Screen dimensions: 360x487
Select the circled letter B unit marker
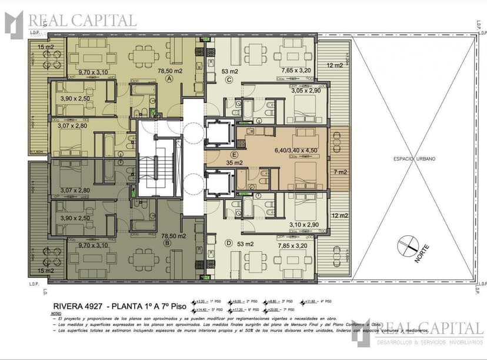169,242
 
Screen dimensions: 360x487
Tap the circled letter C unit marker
229,80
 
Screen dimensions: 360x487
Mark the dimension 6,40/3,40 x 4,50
300,150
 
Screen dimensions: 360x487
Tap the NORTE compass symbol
411,246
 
